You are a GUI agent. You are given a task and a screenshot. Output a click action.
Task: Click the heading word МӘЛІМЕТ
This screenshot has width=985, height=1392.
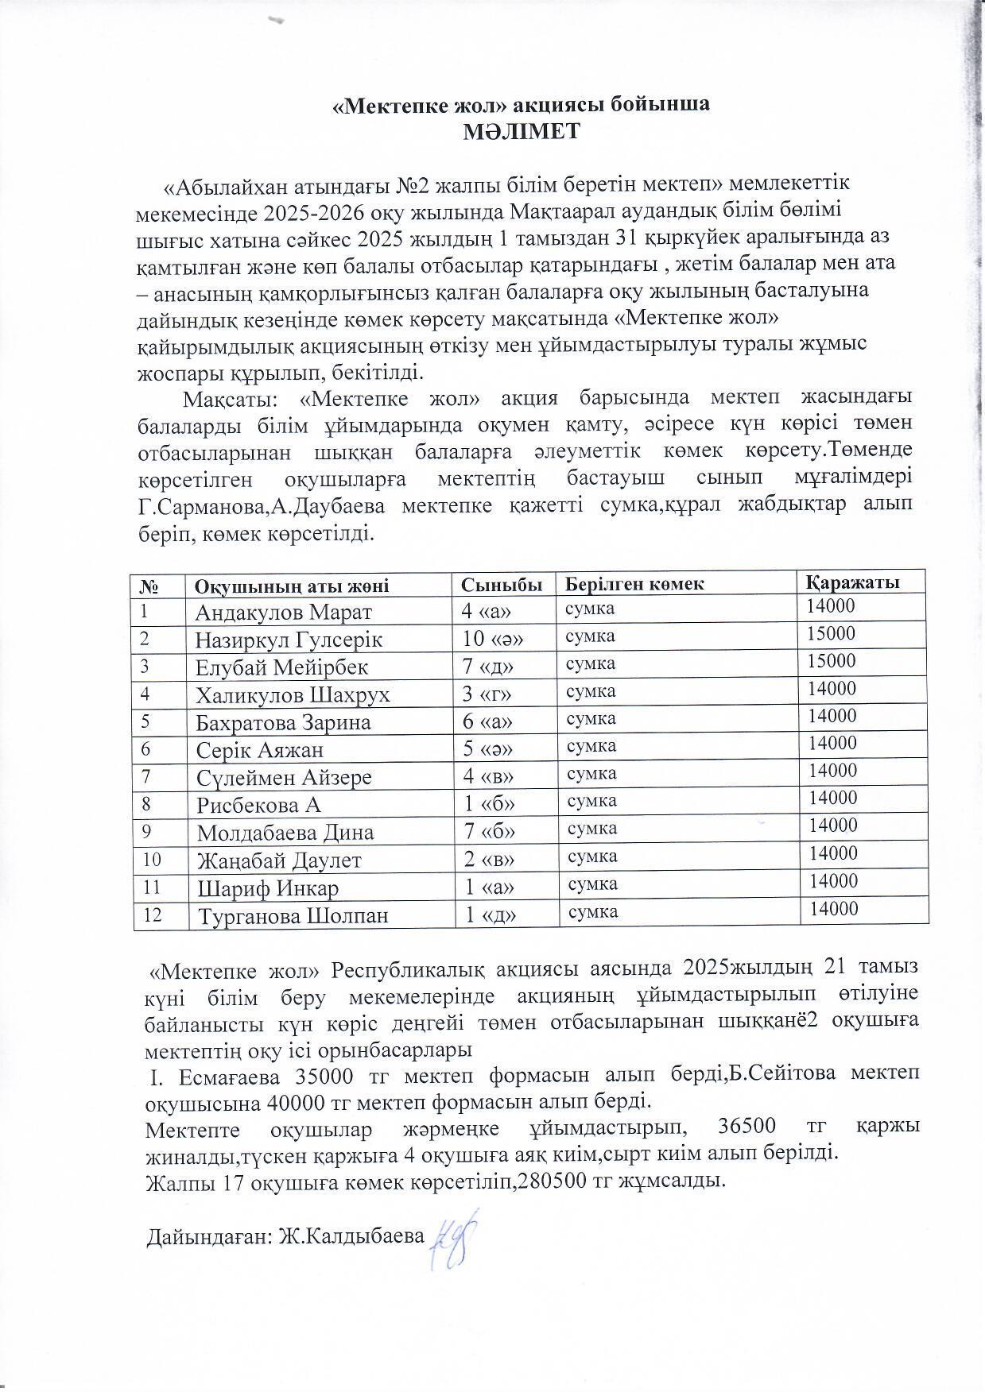click(522, 131)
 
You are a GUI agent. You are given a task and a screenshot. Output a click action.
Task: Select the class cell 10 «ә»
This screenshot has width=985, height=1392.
click(488, 639)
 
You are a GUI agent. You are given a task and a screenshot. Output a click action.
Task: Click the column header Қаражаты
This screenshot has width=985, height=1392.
click(854, 582)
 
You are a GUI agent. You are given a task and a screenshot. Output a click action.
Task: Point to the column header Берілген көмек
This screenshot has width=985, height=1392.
click(634, 583)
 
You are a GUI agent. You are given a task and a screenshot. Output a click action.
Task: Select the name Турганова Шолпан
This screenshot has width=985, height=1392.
click(293, 915)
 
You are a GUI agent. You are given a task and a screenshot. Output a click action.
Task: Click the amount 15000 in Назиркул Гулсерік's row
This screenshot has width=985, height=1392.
click(832, 633)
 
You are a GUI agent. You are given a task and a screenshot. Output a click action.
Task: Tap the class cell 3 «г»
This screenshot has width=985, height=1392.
click(487, 694)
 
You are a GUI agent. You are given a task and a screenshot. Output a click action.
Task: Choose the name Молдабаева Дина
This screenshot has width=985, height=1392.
click(285, 832)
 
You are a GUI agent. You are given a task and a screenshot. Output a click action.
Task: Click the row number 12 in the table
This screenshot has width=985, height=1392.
click(152, 915)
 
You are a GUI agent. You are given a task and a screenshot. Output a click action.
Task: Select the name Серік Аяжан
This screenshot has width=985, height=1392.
click(260, 749)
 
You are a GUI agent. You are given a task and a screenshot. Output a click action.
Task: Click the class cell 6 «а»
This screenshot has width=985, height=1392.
click(487, 721)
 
